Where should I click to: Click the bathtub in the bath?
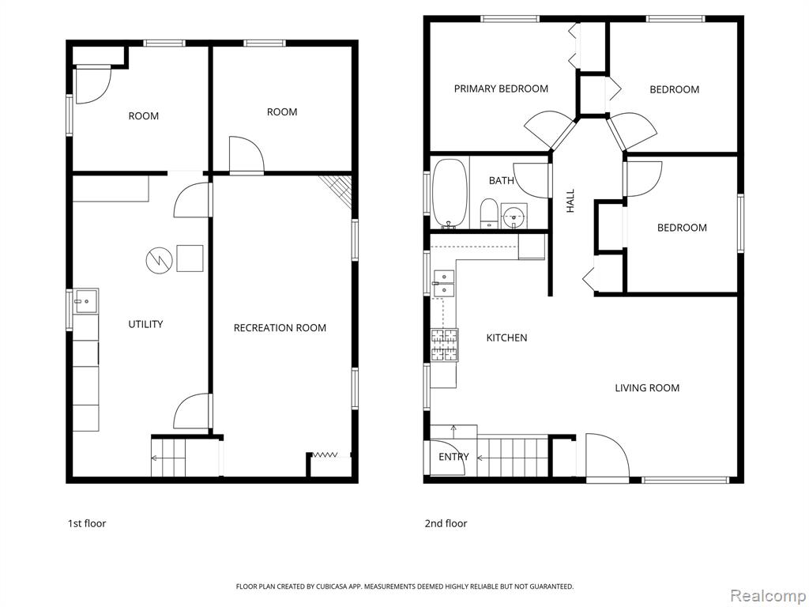[x=449, y=193]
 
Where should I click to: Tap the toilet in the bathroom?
[x=488, y=213]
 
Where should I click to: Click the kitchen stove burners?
[x=444, y=345]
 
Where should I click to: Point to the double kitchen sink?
[x=443, y=284]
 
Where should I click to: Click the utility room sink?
[x=85, y=300]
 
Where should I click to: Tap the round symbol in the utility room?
[x=159, y=259]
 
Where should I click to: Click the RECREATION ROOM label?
[x=280, y=328]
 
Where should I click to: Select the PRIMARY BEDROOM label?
[x=501, y=89]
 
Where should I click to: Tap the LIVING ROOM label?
[x=647, y=387]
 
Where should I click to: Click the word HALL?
[x=570, y=201]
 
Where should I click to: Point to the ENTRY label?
[x=453, y=457]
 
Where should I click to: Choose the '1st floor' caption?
[x=87, y=523]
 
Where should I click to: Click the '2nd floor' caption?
[x=446, y=523]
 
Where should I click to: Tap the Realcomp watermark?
[x=767, y=596]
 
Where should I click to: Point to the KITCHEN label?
[x=506, y=337]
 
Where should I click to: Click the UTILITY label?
[x=145, y=324]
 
